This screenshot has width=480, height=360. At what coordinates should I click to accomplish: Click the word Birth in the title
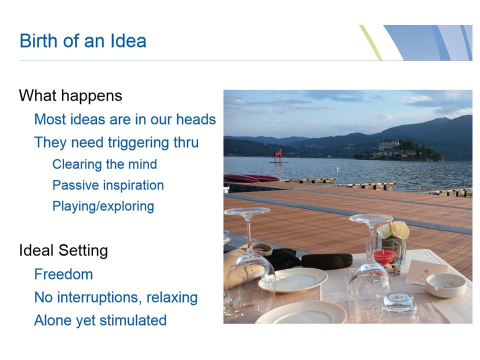pyautogui.click(x=39, y=40)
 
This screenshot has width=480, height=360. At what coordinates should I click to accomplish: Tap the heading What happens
pyautogui.click(x=70, y=96)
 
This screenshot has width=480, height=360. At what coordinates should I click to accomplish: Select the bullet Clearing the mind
pyautogui.click(x=104, y=164)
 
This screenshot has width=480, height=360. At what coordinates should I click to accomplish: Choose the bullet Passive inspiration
pyautogui.click(x=108, y=185)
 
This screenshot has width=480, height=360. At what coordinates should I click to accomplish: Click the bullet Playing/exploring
pyautogui.click(x=103, y=206)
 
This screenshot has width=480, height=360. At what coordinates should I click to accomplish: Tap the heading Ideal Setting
pyautogui.click(x=63, y=250)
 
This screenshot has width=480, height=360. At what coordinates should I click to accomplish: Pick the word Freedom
pyautogui.click(x=63, y=274)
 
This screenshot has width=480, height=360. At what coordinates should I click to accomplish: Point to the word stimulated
pyautogui.click(x=133, y=320)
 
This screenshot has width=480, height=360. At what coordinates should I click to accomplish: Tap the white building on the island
pyautogui.click(x=389, y=144)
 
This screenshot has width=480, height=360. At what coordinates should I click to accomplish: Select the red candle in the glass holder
pyautogui.click(x=384, y=257)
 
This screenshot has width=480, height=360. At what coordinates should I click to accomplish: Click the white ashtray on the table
pyautogui.click(x=446, y=285)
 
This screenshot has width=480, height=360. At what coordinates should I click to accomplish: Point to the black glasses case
pyautogui.click(x=326, y=261)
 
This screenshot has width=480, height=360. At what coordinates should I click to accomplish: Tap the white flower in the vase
pyautogui.click(x=393, y=229)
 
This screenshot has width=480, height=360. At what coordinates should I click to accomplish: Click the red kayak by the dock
pyautogui.click(x=251, y=178)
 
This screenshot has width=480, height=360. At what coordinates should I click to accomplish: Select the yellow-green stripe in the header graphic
pyautogui.click(x=370, y=42)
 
